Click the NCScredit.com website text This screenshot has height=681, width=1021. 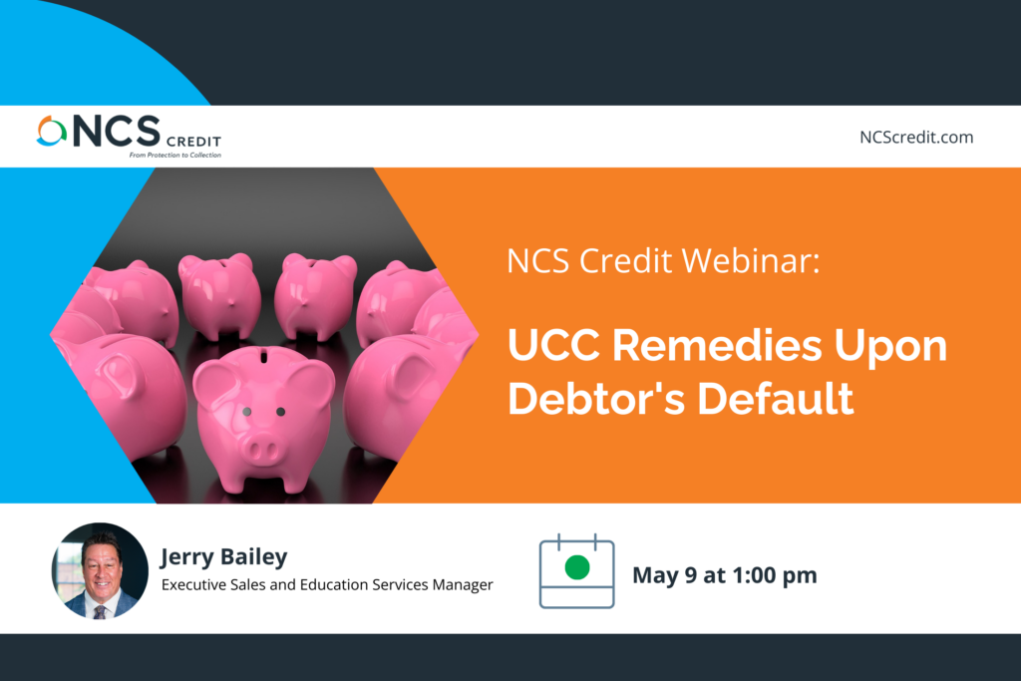coord(916,138)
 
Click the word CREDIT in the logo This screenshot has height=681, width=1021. coord(193,142)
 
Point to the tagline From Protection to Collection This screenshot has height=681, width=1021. coord(175,155)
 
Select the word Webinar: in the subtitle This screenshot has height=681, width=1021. coord(750,261)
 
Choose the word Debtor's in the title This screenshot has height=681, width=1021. coord(596,398)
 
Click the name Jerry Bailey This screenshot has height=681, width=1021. coord(224,557)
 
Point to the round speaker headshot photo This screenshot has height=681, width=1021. coord(100,571)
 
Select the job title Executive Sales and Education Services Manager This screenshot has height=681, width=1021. coord(327,584)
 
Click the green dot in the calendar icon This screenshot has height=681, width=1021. coord(577,567)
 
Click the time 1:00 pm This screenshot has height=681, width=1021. coord(775,575)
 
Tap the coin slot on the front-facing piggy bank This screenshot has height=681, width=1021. coord(263,356)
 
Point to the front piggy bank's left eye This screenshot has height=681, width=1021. coord(247,412)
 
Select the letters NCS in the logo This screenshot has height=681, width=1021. coord(117,131)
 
